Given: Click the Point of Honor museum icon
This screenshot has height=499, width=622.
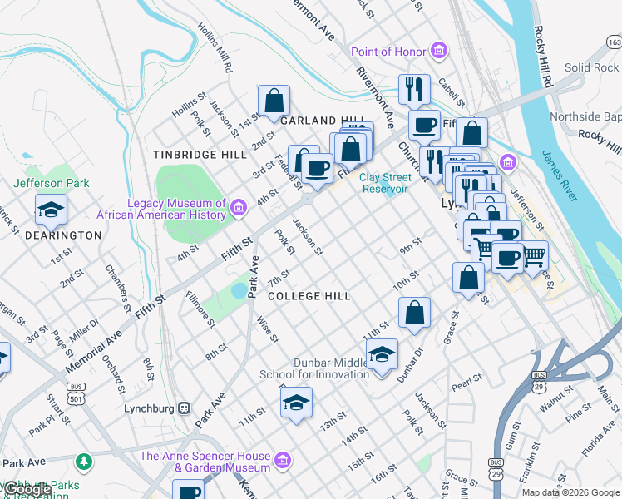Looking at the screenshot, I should [439, 52].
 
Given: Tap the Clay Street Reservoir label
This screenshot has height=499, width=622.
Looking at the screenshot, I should [385, 182].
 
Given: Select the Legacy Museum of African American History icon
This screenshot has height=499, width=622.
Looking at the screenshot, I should [239, 207].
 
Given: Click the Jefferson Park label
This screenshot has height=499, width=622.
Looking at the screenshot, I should [51, 183].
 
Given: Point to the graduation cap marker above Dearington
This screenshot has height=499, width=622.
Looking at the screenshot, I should [51, 210].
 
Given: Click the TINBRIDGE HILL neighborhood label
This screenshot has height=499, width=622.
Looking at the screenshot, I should [200, 155].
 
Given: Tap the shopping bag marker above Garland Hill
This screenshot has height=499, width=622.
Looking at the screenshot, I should [274, 102].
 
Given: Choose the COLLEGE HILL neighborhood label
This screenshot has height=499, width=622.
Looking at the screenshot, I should [309, 296].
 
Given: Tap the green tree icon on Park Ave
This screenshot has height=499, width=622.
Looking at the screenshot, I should [83, 460].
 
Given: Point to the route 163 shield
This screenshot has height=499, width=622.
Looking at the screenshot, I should [614, 42].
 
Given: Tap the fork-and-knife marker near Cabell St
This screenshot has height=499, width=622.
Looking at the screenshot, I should [413, 87].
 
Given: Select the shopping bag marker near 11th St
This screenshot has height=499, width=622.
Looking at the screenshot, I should [414, 313].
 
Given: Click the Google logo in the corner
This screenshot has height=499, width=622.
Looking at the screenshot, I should [27, 490].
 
